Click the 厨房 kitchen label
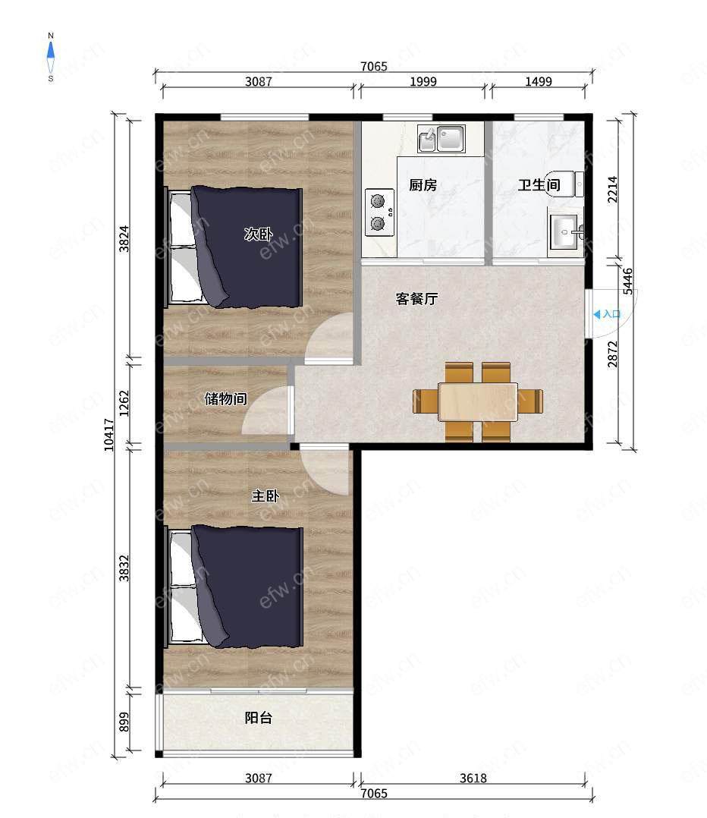(423, 184)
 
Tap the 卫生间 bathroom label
(539, 184)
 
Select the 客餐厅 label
(416, 299)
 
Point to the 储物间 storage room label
(225, 399)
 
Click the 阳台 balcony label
(259, 718)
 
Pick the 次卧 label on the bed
(259, 234)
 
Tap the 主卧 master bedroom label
(266, 496)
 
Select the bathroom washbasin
(565, 231)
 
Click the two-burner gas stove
(379, 212)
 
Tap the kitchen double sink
(441, 139)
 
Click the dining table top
(478, 401)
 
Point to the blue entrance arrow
(596, 315)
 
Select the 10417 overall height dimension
(108, 435)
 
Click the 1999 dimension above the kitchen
(423, 81)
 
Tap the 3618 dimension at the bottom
(473, 779)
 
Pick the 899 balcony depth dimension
(124, 722)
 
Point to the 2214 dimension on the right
(612, 190)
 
